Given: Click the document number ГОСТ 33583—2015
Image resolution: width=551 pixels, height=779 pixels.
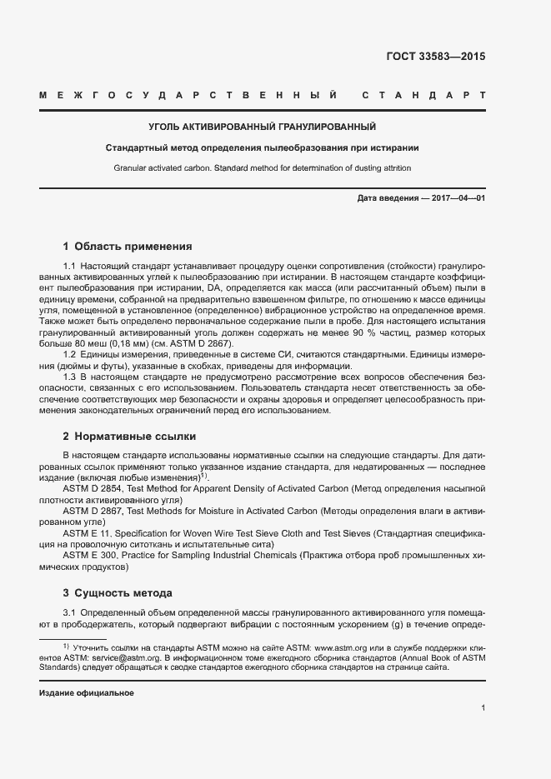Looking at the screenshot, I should [x=436, y=57].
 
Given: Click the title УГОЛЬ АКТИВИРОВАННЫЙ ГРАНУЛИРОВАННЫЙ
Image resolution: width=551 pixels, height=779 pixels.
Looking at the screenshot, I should [x=262, y=127].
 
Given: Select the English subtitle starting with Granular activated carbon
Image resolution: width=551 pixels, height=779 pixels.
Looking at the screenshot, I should [x=262, y=168].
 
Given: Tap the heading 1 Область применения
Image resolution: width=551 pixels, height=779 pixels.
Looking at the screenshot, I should [x=128, y=247].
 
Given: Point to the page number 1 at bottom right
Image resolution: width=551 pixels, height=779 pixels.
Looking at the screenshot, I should [x=483, y=708].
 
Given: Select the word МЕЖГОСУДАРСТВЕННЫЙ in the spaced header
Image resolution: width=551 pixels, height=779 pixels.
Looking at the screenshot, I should [x=188, y=95].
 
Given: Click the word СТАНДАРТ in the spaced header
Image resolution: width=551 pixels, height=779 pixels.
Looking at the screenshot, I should [x=423, y=95].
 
